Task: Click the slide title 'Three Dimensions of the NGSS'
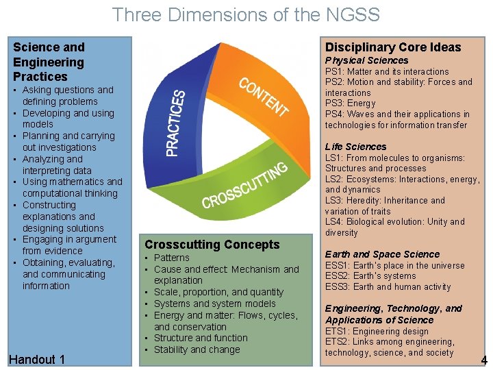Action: coord(246,14)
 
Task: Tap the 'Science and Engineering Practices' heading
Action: coord(49,62)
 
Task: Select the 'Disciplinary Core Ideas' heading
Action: coord(392,47)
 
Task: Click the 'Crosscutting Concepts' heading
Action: coord(212,245)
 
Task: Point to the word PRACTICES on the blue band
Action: coord(177,123)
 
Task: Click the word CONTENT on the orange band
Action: coord(264,97)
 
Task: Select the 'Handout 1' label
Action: coord(38,360)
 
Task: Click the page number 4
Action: coord(484,360)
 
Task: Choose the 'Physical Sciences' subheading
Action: coord(366,60)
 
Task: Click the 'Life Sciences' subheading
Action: coord(355,147)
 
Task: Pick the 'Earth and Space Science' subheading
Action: coord(382,254)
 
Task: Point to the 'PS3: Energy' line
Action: coord(350,103)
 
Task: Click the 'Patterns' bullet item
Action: coord(172,258)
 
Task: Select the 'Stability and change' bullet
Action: coord(197,349)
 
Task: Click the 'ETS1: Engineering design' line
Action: coord(377,330)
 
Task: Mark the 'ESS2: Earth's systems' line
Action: coord(370,276)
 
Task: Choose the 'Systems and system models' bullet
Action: coord(215,304)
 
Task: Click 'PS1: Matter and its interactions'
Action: coord(387,71)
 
